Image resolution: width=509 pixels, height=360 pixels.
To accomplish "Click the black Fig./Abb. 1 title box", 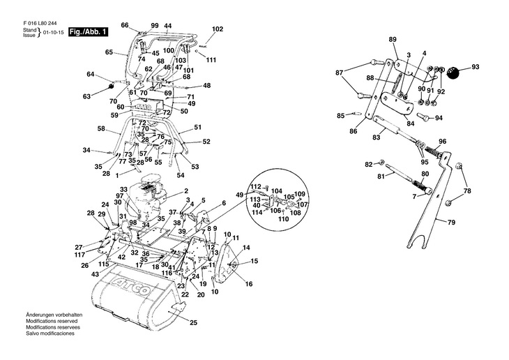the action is [88, 32].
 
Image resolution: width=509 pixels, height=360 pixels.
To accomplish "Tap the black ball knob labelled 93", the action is [453, 72].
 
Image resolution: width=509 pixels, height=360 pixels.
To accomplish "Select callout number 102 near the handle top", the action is [218, 29].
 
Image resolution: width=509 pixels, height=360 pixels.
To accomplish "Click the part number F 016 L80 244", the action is [40, 24].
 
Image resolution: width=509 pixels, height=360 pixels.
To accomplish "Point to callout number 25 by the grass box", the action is [193, 322].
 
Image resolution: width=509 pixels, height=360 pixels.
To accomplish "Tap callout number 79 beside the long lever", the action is [451, 223].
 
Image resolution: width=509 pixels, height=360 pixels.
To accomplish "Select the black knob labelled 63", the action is [111, 87].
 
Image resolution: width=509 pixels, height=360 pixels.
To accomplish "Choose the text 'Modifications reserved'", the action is [52, 321].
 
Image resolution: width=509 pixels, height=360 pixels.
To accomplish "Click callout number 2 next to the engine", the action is [186, 191].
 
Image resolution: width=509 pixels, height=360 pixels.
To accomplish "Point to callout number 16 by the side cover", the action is [249, 284].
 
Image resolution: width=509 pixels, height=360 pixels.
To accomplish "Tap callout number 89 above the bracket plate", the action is [393, 40].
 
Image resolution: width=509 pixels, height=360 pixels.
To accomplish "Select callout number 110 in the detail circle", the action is [283, 219].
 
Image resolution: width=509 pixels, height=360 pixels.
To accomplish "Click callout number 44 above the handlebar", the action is [167, 26].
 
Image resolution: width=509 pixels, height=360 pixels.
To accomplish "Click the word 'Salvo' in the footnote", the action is [33, 333].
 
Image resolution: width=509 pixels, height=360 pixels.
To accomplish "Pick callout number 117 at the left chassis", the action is [79, 255].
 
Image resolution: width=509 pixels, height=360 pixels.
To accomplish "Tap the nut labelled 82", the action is [382, 162].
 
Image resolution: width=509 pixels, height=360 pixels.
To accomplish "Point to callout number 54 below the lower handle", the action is [181, 175].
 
